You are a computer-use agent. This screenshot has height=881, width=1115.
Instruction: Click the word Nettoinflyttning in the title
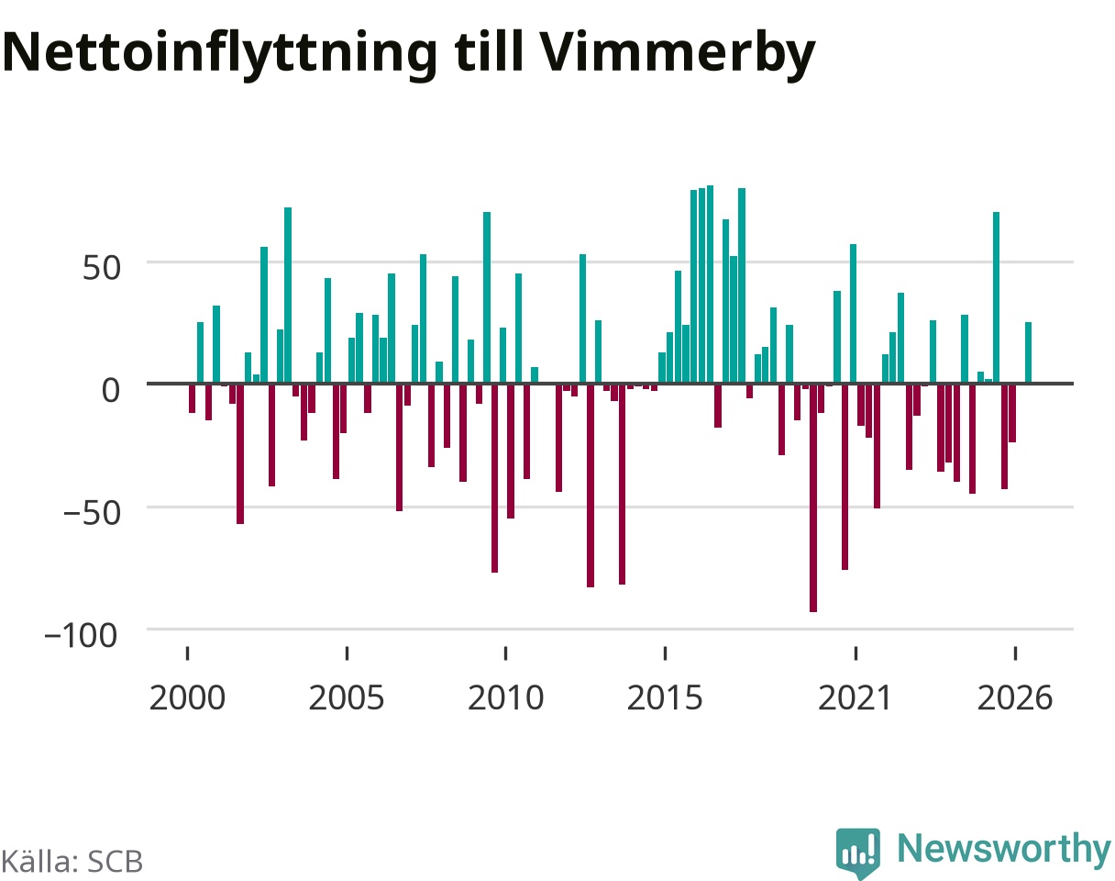[220, 54]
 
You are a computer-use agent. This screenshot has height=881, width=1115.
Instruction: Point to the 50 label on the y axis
[102, 268]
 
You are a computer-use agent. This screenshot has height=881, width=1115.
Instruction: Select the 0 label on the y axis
[111, 390]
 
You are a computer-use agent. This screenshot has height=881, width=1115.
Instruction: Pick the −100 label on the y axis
[82, 636]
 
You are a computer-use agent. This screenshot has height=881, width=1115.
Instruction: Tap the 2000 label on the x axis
[187, 698]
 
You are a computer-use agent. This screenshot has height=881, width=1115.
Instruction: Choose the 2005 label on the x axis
[347, 698]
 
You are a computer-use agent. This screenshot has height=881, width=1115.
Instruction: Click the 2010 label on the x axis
[505, 698]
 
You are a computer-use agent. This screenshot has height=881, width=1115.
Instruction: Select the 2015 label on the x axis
[666, 698]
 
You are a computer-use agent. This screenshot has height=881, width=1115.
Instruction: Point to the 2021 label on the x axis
[856, 698]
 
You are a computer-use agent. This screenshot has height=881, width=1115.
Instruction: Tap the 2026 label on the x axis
[1015, 698]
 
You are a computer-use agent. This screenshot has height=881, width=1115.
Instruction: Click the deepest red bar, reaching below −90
[813, 497]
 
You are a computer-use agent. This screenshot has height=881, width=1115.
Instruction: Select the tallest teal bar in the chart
[710, 284]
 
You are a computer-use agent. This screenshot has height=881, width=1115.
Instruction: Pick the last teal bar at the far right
[1029, 352]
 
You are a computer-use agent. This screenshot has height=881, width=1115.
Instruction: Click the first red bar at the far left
[193, 398]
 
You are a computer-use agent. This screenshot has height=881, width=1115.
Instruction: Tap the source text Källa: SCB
[72, 862]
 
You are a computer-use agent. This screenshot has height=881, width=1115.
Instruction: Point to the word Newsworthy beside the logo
[1004, 848]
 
